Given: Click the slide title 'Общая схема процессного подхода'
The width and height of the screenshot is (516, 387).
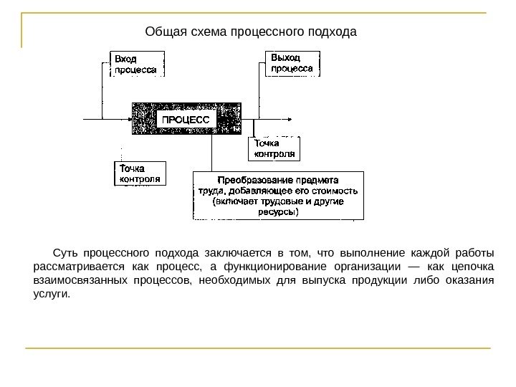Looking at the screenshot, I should (x=250, y=32).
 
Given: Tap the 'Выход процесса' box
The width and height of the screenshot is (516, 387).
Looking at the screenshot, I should (x=293, y=62).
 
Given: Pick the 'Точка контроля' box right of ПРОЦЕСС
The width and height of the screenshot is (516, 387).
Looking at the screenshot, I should (x=274, y=148).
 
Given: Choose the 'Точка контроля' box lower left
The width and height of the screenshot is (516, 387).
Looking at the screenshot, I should (x=140, y=173).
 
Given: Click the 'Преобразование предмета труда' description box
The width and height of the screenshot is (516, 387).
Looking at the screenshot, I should (x=278, y=195).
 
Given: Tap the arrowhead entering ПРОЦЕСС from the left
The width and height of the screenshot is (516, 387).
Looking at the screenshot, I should (x=130, y=119).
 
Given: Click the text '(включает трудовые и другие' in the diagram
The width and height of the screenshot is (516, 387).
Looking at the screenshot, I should (x=278, y=202).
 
